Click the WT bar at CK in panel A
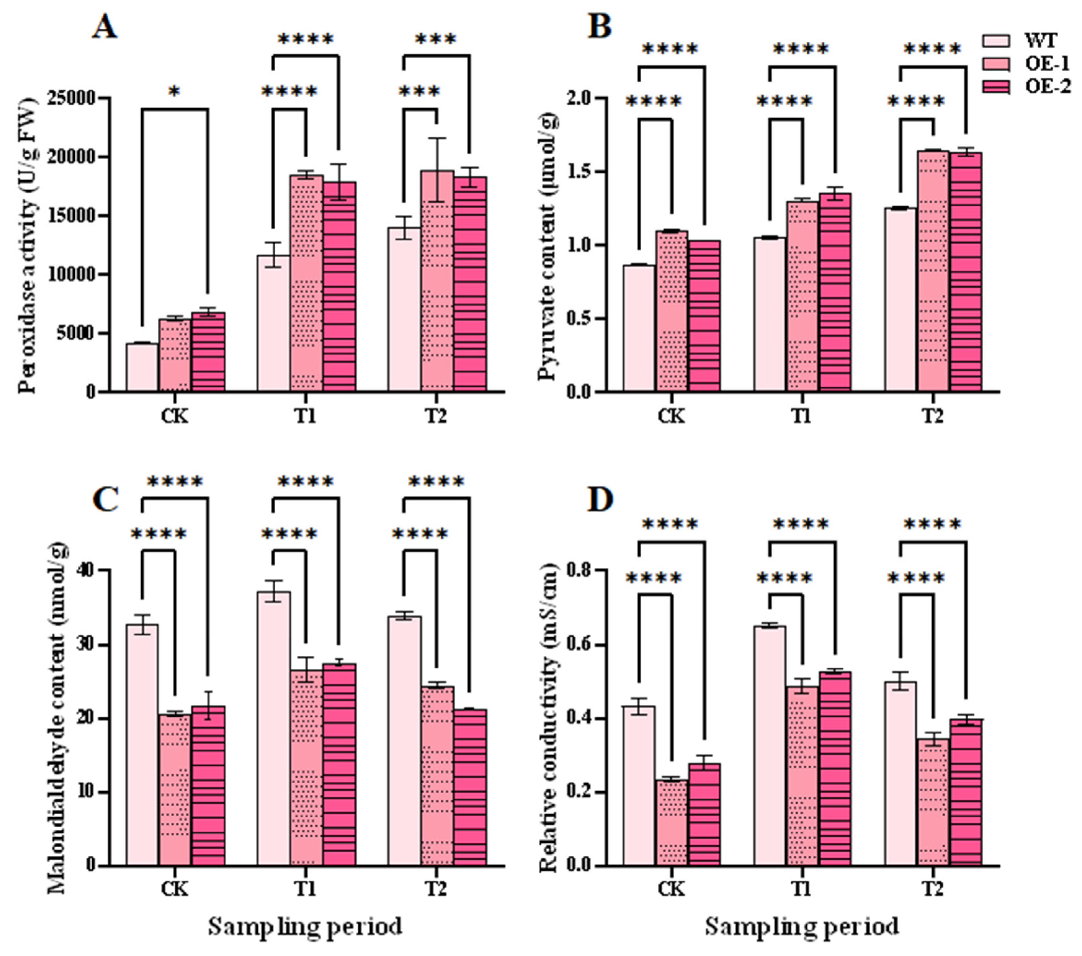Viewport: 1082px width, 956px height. point(142,367)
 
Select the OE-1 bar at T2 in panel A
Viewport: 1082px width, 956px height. point(437,281)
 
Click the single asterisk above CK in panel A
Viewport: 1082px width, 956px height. point(174,92)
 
